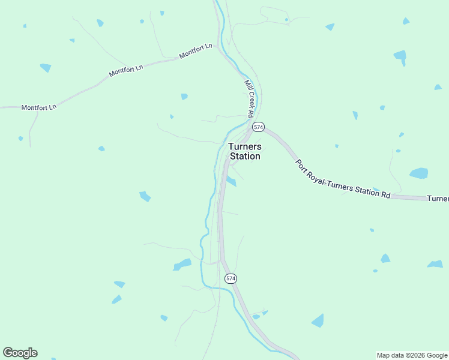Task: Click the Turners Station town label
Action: click(244, 151)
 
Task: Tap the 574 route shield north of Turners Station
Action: click(258, 127)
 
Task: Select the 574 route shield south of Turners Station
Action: click(231, 278)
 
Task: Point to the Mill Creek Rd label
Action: click(249, 98)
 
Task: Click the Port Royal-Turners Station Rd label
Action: click(343, 178)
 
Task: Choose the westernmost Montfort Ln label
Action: click(38, 107)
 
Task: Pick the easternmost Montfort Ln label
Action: click(196, 52)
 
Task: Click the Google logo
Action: click(20, 353)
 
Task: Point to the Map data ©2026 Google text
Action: click(412, 355)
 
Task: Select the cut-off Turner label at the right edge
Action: click(438, 199)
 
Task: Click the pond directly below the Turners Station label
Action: click(231, 181)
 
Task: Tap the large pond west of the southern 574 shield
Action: click(182, 264)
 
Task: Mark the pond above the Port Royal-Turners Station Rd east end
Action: click(419, 173)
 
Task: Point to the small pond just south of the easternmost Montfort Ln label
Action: click(184, 96)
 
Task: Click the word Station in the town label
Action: click(245, 157)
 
